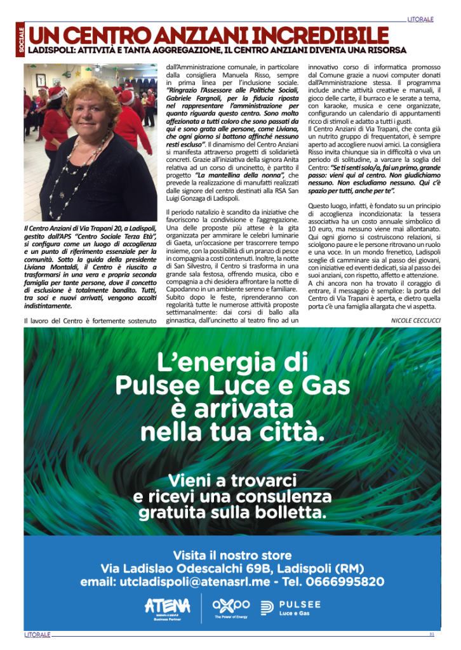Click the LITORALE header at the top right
tap(421, 20)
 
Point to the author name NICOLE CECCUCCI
tap(417, 321)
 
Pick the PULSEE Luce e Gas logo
tap(291, 607)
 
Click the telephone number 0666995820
tap(344, 581)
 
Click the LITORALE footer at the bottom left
tap(37, 635)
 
